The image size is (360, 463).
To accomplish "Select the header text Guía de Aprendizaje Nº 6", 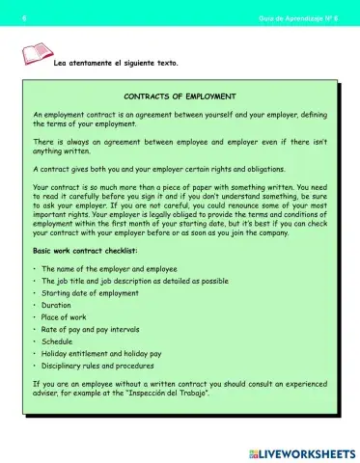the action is click(x=299, y=18).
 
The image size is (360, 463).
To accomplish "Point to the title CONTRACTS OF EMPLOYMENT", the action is click(x=180, y=96).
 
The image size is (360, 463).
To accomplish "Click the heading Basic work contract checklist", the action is click(x=86, y=250).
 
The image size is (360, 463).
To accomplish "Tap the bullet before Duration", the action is click(x=35, y=304).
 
